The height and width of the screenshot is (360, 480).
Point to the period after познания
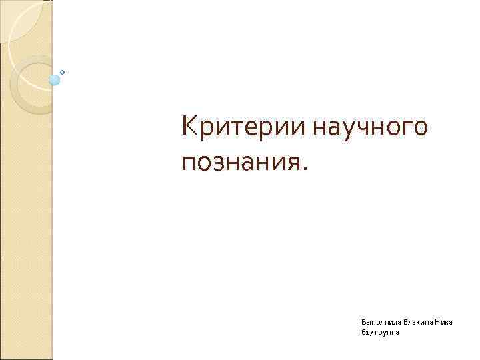305,169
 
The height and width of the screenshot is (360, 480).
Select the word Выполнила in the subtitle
377,321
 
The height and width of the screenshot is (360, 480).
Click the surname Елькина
415,321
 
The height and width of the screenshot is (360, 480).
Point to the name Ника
445,321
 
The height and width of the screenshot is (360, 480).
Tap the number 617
366,332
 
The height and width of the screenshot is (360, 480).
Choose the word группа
387,333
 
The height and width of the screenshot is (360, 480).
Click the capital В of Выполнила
363,321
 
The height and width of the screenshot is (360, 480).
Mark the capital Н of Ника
439,321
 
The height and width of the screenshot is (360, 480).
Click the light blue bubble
55,80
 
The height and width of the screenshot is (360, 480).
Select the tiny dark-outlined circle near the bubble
63,71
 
